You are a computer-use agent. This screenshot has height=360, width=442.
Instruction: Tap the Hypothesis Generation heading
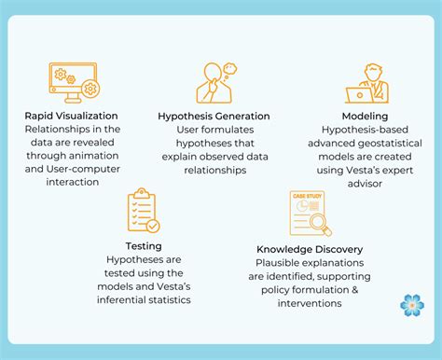[213, 116]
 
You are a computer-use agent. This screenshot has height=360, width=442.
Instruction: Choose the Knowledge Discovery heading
[310, 249]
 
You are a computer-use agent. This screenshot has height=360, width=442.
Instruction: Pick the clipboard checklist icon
[141, 213]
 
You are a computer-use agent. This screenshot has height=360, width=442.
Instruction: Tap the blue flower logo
[410, 305]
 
